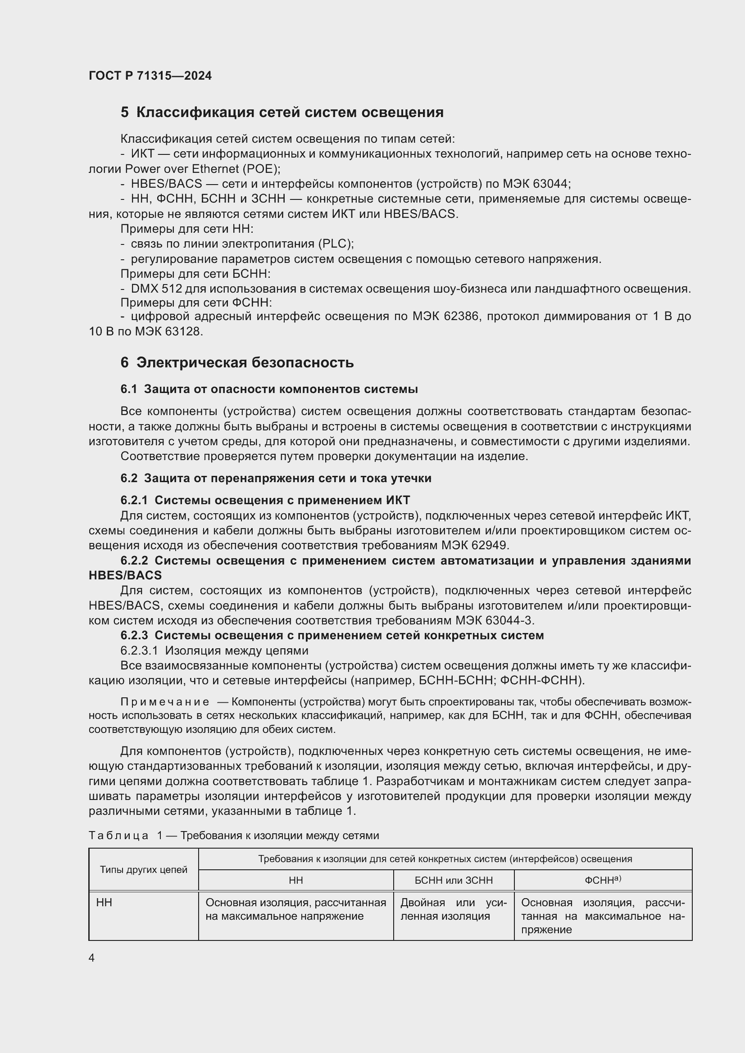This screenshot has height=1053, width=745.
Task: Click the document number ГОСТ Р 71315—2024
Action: click(x=150, y=76)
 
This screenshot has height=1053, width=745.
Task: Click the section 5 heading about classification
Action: click(x=282, y=113)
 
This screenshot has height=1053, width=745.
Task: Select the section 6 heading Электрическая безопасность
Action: click(x=237, y=362)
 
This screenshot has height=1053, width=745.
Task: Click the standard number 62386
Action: click(x=462, y=316)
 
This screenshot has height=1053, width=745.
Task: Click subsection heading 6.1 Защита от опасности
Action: click(x=269, y=389)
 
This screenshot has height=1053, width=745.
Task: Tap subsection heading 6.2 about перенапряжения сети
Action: click(x=276, y=478)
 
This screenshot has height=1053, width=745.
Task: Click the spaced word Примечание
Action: click(x=165, y=702)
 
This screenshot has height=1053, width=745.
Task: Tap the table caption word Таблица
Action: click(x=118, y=835)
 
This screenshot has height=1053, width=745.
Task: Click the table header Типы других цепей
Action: click(x=144, y=870)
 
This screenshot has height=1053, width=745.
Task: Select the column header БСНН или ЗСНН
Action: click(x=453, y=880)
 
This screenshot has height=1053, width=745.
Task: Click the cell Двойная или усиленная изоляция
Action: click(x=453, y=909)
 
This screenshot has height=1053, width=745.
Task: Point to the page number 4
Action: click(x=92, y=958)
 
